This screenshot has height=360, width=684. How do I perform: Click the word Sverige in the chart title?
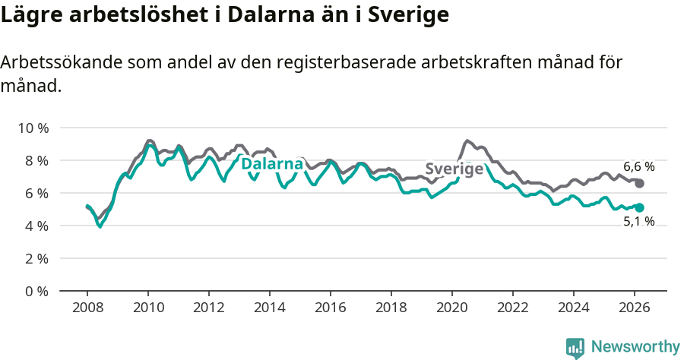tap(407, 14)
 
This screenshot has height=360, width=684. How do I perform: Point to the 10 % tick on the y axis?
tap(33, 128)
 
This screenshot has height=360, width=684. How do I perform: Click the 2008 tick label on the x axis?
tap(87, 308)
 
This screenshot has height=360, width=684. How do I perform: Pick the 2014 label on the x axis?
tap(270, 308)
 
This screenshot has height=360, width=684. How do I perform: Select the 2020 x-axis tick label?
tap(452, 308)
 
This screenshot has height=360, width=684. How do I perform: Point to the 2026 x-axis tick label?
tap(635, 308)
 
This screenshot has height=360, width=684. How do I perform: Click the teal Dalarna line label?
tap(272, 163)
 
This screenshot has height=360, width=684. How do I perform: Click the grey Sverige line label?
tap(454, 169)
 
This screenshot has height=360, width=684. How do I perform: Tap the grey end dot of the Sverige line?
tap(640, 184)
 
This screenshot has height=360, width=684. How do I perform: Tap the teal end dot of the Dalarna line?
tap(640, 207)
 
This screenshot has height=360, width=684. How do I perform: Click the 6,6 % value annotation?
tap(638, 166)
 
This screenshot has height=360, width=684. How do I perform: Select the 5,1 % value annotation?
tap(638, 223)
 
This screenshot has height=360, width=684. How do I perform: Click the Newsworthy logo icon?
tap(575, 347)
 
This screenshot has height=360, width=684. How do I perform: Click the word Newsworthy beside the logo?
tap(635, 347)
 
